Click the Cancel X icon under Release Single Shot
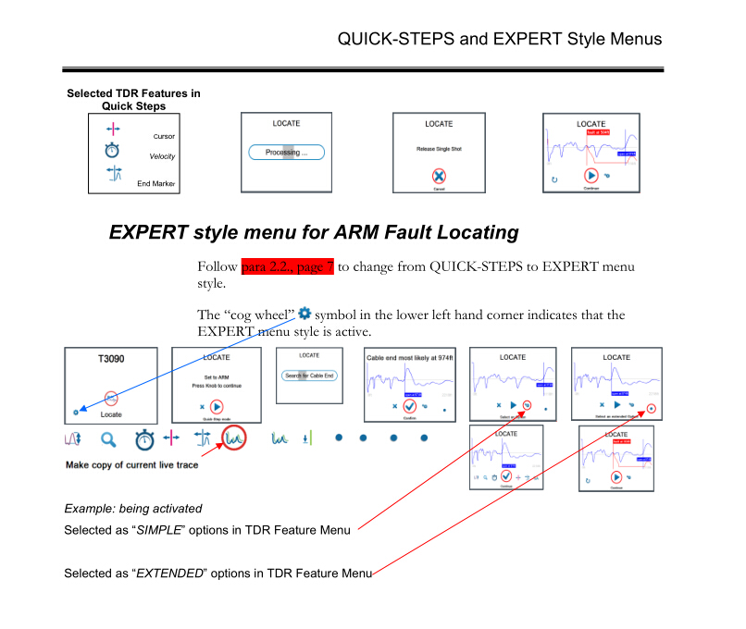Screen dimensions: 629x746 click(x=439, y=176)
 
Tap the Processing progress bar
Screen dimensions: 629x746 click(x=287, y=153)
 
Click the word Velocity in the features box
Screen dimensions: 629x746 click(x=162, y=156)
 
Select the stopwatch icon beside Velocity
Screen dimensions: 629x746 click(x=112, y=150)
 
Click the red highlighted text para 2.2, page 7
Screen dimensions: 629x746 click(x=287, y=267)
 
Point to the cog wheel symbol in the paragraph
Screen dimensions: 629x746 click(x=305, y=314)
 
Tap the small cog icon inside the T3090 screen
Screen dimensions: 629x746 click(x=76, y=411)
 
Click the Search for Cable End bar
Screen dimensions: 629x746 click(x=310, y=376)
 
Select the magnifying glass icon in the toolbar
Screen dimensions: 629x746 click(x=109, y=438)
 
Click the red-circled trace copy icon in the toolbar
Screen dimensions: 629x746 click(x=233, y=438)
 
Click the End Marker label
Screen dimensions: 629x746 click(x=155, y=184)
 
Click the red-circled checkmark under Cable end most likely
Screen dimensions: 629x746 click(x=409, y=405)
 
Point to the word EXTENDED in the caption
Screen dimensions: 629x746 click(x=169, y=573)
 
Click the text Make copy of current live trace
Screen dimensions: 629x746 click(x=131, y=464)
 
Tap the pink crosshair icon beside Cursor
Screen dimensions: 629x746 click(x=112, y=129)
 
